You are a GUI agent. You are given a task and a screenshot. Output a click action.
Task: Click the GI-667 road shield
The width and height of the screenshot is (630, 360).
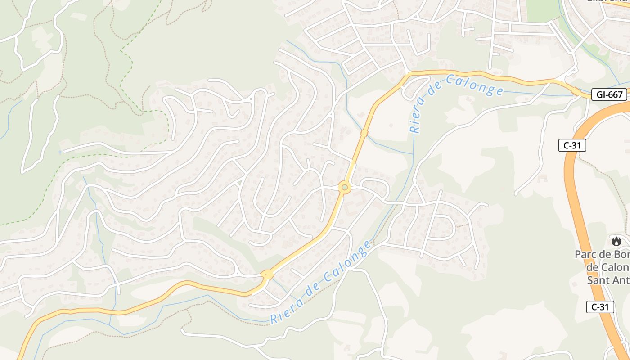coord(609,94)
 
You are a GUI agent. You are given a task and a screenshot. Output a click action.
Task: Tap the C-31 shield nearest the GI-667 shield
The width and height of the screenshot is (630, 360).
coord(572,145)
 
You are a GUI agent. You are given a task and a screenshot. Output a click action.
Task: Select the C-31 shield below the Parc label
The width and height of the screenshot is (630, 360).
coord(600,307)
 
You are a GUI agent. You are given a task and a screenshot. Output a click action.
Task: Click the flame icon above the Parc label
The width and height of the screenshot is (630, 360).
coord(616,241)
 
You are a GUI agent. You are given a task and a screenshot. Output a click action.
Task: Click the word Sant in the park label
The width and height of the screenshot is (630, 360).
coord(598,280)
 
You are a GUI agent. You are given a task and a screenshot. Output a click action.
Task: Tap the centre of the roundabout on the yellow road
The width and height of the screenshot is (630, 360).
coord(345,187)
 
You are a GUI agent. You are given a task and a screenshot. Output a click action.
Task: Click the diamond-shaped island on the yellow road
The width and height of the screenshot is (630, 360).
coord(267,274)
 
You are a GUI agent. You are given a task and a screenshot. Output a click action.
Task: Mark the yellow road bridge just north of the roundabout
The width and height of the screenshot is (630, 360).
coord(364,133)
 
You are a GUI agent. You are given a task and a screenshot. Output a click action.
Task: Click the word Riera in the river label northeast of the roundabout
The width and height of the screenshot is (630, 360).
coord(416,120)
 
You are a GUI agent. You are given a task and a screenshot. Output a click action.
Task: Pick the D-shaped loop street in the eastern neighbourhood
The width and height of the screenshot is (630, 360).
coord(448,227)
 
